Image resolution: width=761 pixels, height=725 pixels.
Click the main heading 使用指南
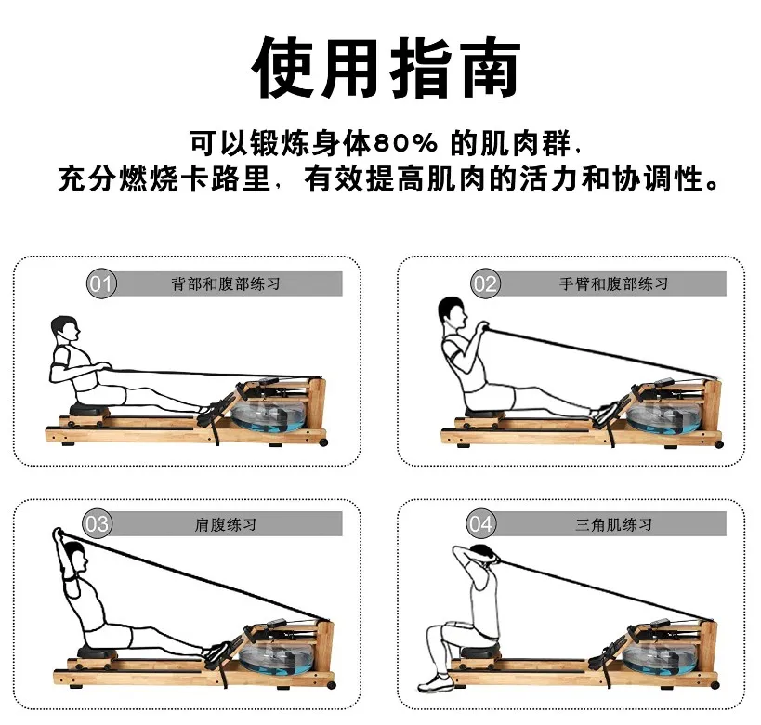click(380, 68)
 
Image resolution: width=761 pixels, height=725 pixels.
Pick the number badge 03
click(98, 524)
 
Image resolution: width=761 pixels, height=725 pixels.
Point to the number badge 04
click(481, 524)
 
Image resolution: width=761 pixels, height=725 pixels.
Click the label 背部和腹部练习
click(226, 283)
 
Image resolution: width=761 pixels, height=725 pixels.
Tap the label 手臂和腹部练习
click(613, 283)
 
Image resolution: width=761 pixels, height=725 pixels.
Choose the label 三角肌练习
click(613, 524)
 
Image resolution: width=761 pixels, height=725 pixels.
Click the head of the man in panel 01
click(65, 329)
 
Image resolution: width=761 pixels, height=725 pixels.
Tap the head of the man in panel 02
click(451, 311)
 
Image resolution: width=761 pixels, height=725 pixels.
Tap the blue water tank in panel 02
click(664, 415)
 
